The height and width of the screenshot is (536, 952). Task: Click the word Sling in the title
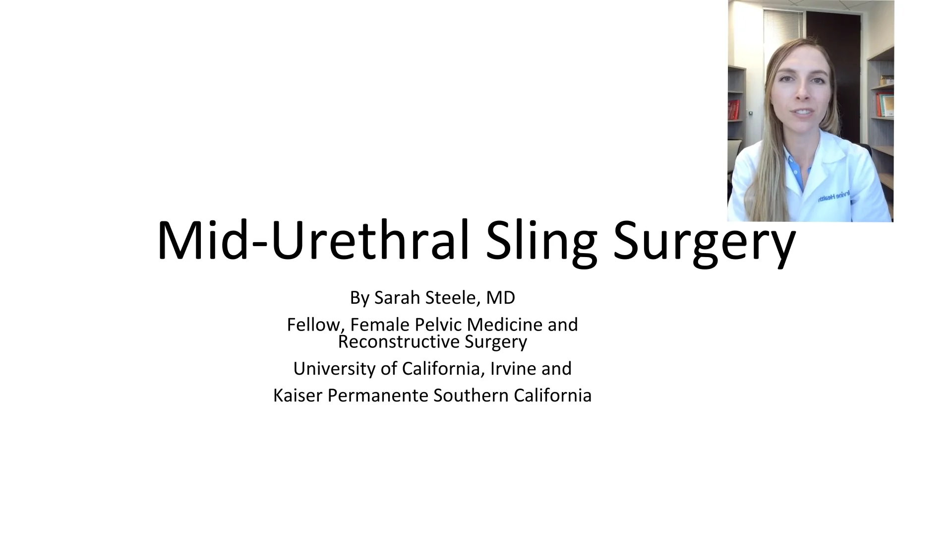click(x=541, y=241)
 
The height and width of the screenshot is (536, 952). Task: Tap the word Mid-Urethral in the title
click(x=312, y=241)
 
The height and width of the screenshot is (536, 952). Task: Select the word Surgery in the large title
click(x=704, y=241)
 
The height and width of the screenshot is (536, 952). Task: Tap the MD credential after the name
click(x=500, y=298)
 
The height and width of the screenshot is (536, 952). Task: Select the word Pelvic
click(x=438, y=325)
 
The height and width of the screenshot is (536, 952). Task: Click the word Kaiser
click(x=298, y=396)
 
